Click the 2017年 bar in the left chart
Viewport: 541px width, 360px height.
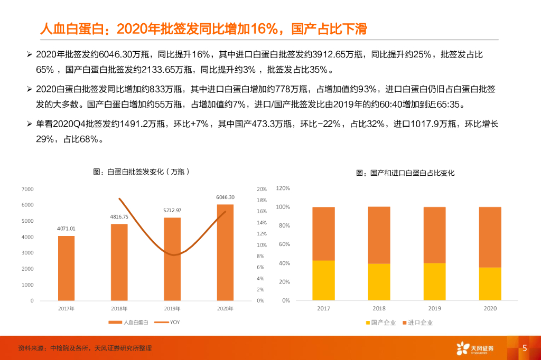click(x=66, y=268)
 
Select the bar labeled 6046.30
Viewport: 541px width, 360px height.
click(x=225, y=252)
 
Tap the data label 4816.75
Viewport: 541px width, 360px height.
click(x=119, y=217)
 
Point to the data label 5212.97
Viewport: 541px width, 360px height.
click(x=172, y=210)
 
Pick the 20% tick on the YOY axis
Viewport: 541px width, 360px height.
click(x=261, y=189)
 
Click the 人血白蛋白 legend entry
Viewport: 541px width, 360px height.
click(x=125, y=322)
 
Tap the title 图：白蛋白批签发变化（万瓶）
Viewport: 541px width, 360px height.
click(x=141, y=172)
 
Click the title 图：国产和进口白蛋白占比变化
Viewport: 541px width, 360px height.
click(x=405, y=173)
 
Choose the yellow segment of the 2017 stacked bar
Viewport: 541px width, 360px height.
click(x=323, y=280)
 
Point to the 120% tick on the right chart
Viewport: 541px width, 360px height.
click(x=283, y=188)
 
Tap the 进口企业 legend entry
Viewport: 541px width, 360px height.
click(x=417, y=323)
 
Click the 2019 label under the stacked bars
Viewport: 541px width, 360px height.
click(x=434, y=308)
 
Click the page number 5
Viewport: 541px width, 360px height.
click(x=525, y=348)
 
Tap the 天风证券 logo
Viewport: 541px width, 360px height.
click(x=475, y=348)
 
